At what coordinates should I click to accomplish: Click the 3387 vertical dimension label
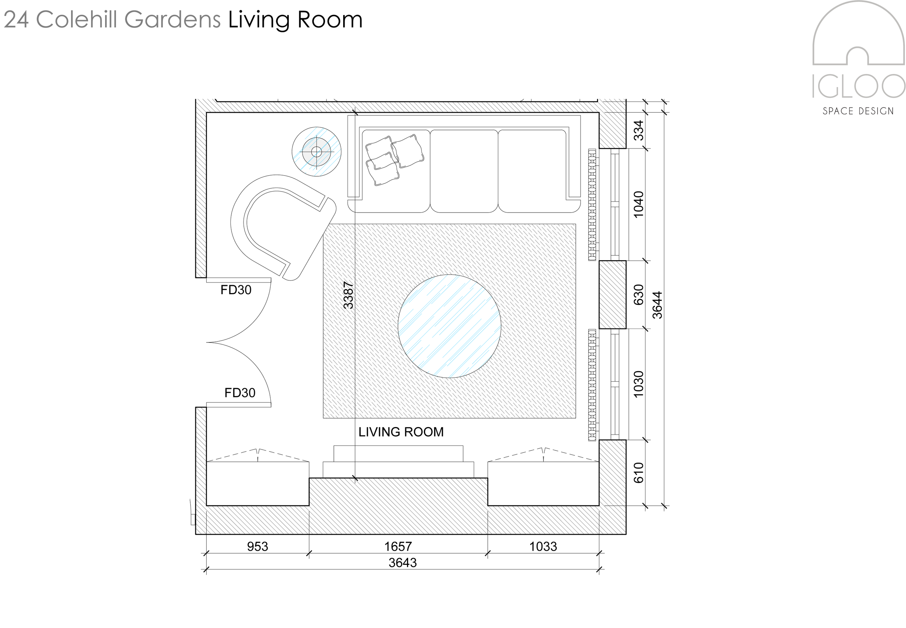pyautogui.click(x=348, y=295)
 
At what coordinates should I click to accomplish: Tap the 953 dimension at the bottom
pyautogui.click(x=257, y=546)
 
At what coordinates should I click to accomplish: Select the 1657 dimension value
pyautogui.click(x=398, y=546)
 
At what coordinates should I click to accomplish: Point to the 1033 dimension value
pyautogui.click(x=543, y=546)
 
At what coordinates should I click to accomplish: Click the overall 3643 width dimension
pyautogui.click(x=403, y=563)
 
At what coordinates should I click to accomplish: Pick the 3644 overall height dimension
pyautogui.click(x=657, y=305)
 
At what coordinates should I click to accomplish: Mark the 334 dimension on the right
pyautogui.click(x=639, y=130)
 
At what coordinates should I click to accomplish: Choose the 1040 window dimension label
pyautogui.click(x=639, y=204)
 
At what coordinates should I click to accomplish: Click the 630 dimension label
pyautogui.click(x=639, y=295)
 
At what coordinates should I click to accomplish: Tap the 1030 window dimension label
pyautogui.click(x=639, y=384)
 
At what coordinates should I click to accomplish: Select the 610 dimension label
pyautogui.click(x=639, y=473)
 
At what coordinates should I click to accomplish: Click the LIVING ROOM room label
pyautogui.click(x=401, y=432)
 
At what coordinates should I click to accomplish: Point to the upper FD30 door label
pyautogui.click(x=236, y=290)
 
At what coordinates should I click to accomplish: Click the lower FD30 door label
pyautogui.click(x=240, y=393)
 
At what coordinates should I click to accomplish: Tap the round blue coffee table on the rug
pyautogui.click(x=449, y=326)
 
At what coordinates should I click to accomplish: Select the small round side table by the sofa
pyautogui.click(x=316, y=152)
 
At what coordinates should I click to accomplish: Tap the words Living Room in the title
pyautogui.click(x=295, y=20)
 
